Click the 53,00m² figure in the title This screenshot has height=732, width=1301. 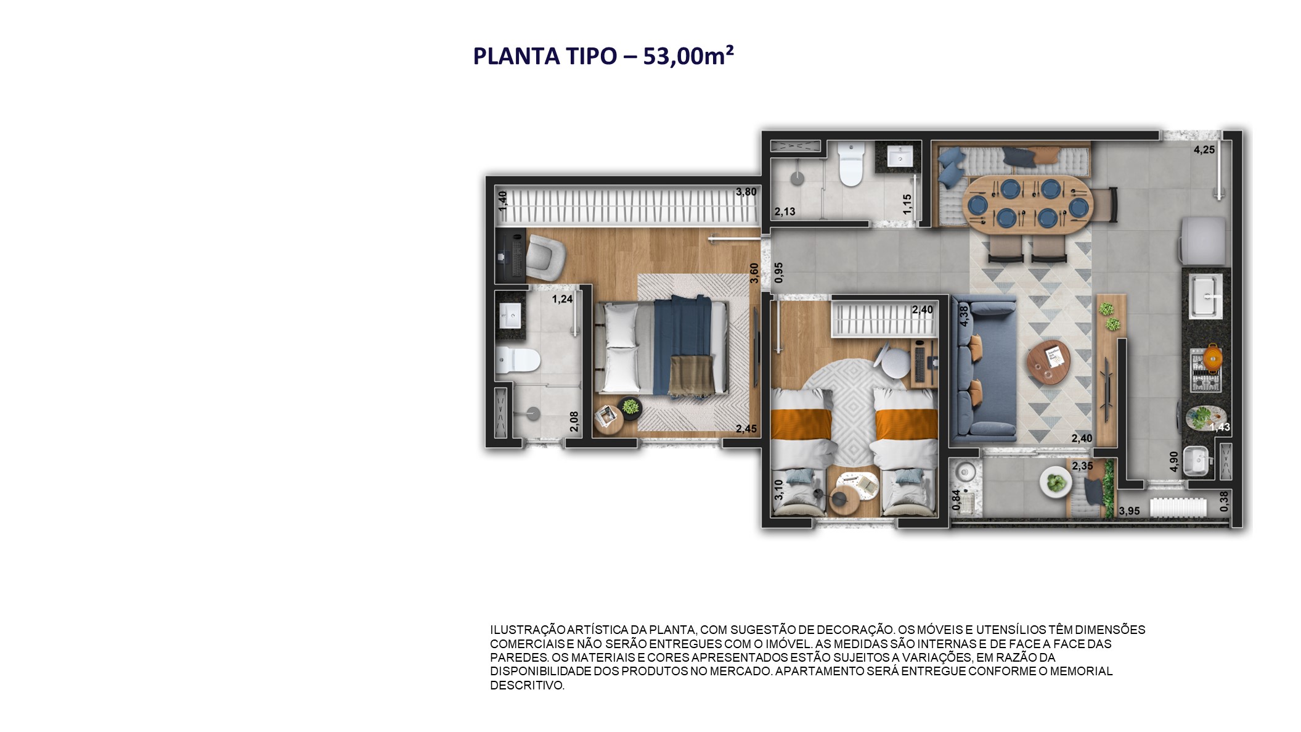click(x=688, y=56)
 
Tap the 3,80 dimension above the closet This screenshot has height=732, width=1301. click(x=746, y=192)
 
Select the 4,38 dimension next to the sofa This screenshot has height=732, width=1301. click(x=963, y=316)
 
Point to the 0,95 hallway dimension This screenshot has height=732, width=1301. click(x=778, y=273)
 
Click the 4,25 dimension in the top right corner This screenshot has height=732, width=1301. click(x=1204, y=150)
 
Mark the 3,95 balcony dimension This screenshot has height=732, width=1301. click(x=1129, y=511)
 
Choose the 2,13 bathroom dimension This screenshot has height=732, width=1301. click(x=785, y=212)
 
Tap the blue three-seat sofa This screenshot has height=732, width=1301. click(x=983, y=369)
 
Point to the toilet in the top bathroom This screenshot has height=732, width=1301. click(x=850, y=165)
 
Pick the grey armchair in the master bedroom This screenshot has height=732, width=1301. click(x=545, y=257)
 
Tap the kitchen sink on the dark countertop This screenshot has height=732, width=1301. click(x=1205, y=297)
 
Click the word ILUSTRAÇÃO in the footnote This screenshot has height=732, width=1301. click(x=528, y=630)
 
